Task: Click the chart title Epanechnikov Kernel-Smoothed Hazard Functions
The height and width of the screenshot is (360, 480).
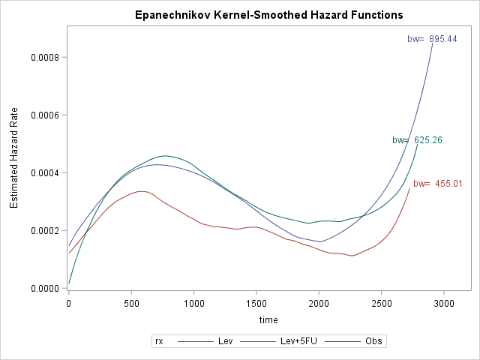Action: click(x=268, y=15)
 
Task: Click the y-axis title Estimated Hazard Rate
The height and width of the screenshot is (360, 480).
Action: click(x=13, y=160)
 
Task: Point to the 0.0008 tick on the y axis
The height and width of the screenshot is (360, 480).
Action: click(x=44, y=58)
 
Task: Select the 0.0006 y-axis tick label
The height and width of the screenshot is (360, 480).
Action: click(x=44, y=115)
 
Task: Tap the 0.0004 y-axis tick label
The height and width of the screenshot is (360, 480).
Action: click(x=44, y=173)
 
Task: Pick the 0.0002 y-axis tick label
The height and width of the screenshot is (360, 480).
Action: click(x=44, y=231)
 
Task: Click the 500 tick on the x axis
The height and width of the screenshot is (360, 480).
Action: click(x=131, y=304)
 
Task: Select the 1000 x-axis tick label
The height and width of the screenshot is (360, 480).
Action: click(x=193, y=304)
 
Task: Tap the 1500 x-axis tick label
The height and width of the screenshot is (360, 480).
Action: click(x=256, y=304)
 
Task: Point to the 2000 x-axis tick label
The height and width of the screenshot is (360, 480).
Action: click(x=319, y=304)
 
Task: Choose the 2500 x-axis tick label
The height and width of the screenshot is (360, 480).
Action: click(x=381, y=304)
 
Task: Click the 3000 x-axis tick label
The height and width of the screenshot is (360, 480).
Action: click(x=444, y=304)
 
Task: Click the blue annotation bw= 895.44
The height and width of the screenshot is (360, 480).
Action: click(x=432, y=39)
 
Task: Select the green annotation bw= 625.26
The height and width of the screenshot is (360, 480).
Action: click(x=416, y=140)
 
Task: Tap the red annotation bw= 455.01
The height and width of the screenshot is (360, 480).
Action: click(x=438, y=184)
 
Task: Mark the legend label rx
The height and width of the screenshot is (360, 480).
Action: click(x=159, y=341)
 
